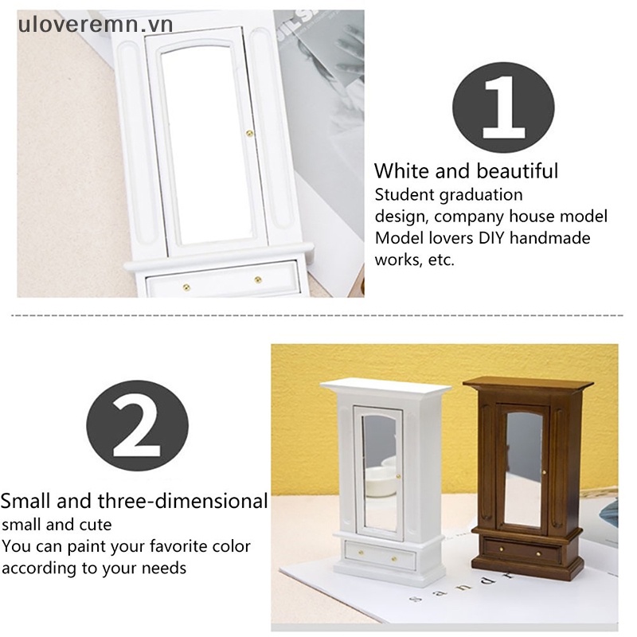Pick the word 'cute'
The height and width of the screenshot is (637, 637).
96,525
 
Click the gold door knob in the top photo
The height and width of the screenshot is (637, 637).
249,133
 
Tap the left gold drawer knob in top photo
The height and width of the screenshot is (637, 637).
186,284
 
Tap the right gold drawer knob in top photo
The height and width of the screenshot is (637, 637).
257,279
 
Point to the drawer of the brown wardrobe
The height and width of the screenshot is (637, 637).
522,549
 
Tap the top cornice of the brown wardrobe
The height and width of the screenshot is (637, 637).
529,385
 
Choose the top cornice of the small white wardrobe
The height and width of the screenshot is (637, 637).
385,388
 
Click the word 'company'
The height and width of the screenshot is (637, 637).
475,216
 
